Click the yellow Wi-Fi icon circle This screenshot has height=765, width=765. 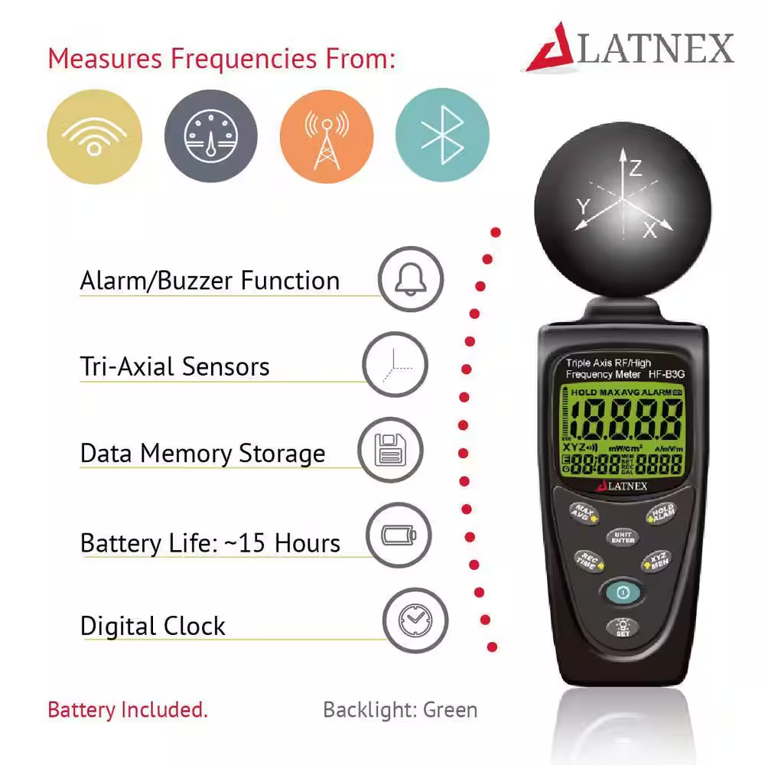95,136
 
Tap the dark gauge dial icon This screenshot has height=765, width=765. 210,136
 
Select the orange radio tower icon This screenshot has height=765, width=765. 327,136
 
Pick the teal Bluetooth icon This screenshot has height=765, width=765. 442,136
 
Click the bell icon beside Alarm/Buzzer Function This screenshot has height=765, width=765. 411,278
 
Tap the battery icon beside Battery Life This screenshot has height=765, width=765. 399,535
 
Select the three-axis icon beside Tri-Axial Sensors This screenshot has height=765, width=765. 395,364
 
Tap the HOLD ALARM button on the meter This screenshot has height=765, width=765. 662,513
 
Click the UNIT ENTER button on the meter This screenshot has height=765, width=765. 623,537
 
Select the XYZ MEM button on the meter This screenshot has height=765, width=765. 658,560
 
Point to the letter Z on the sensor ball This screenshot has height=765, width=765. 636,169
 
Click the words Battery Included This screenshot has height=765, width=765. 128,709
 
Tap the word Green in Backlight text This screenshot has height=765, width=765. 451,709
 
